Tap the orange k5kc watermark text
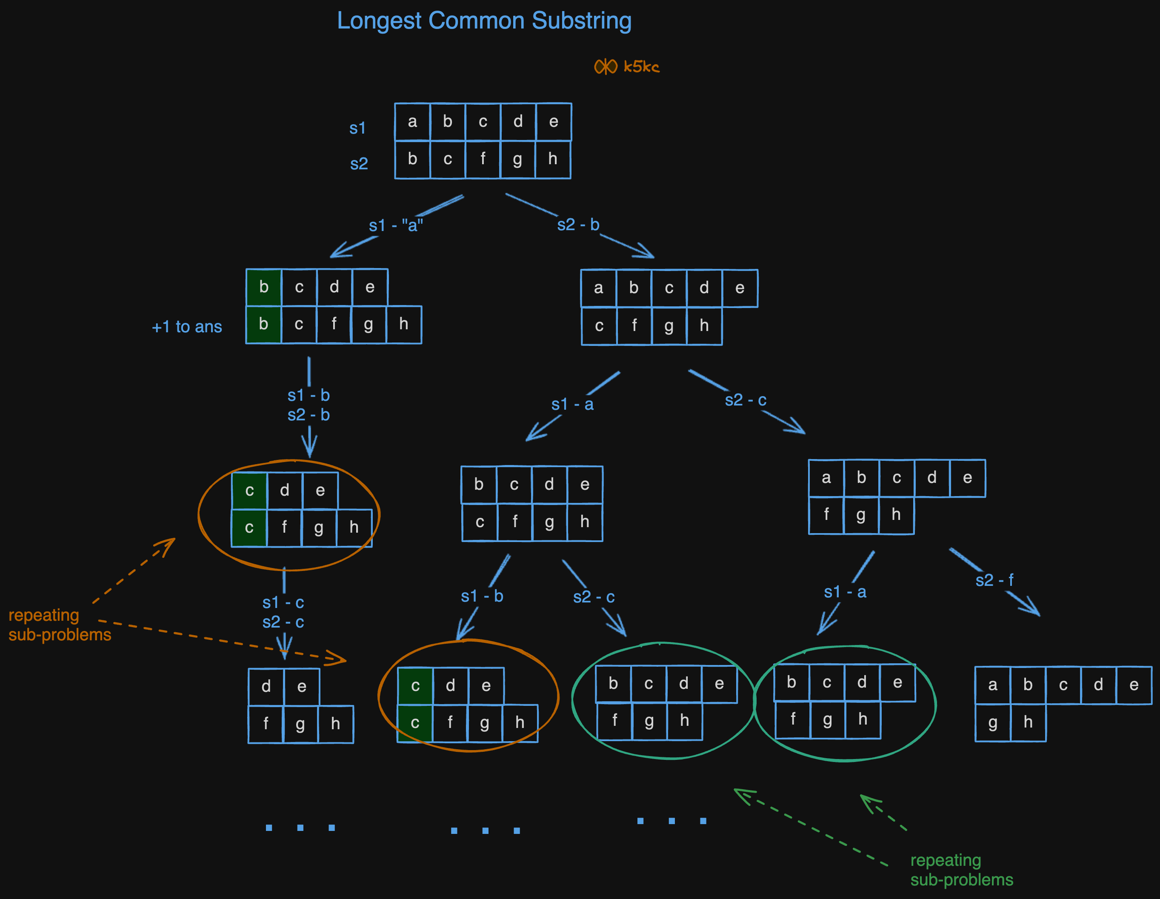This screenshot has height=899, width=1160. pos(641,67)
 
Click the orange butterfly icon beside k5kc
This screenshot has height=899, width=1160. pos(606,67)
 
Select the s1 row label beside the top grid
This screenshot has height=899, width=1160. pos(357,128)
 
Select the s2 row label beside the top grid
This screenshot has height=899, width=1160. pos(359,163)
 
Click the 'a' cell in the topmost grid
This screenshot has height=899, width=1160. pos(412,122)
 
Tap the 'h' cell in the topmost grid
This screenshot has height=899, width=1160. pos(552,159)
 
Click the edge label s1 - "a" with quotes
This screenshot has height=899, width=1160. pos(396,225)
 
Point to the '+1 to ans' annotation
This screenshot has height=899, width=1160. pos(187,327)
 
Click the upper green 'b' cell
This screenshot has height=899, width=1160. pos(263,287)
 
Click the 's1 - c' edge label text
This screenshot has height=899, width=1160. pos(283,603)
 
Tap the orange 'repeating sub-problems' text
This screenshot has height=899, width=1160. pos(60,625)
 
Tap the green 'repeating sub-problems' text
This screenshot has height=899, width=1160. pos(961,870)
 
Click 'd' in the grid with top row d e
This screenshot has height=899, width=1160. pos(266,687)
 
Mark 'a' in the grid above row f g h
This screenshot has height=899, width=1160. pos(826,478)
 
